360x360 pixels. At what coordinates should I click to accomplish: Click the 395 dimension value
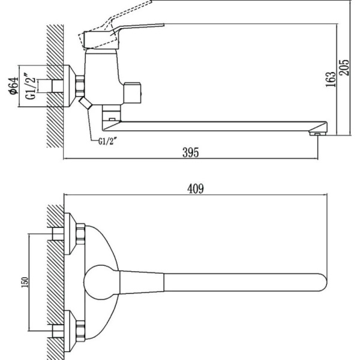click(x=190, y=152)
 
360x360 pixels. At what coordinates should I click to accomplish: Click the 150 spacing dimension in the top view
click(x=23, y=281)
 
